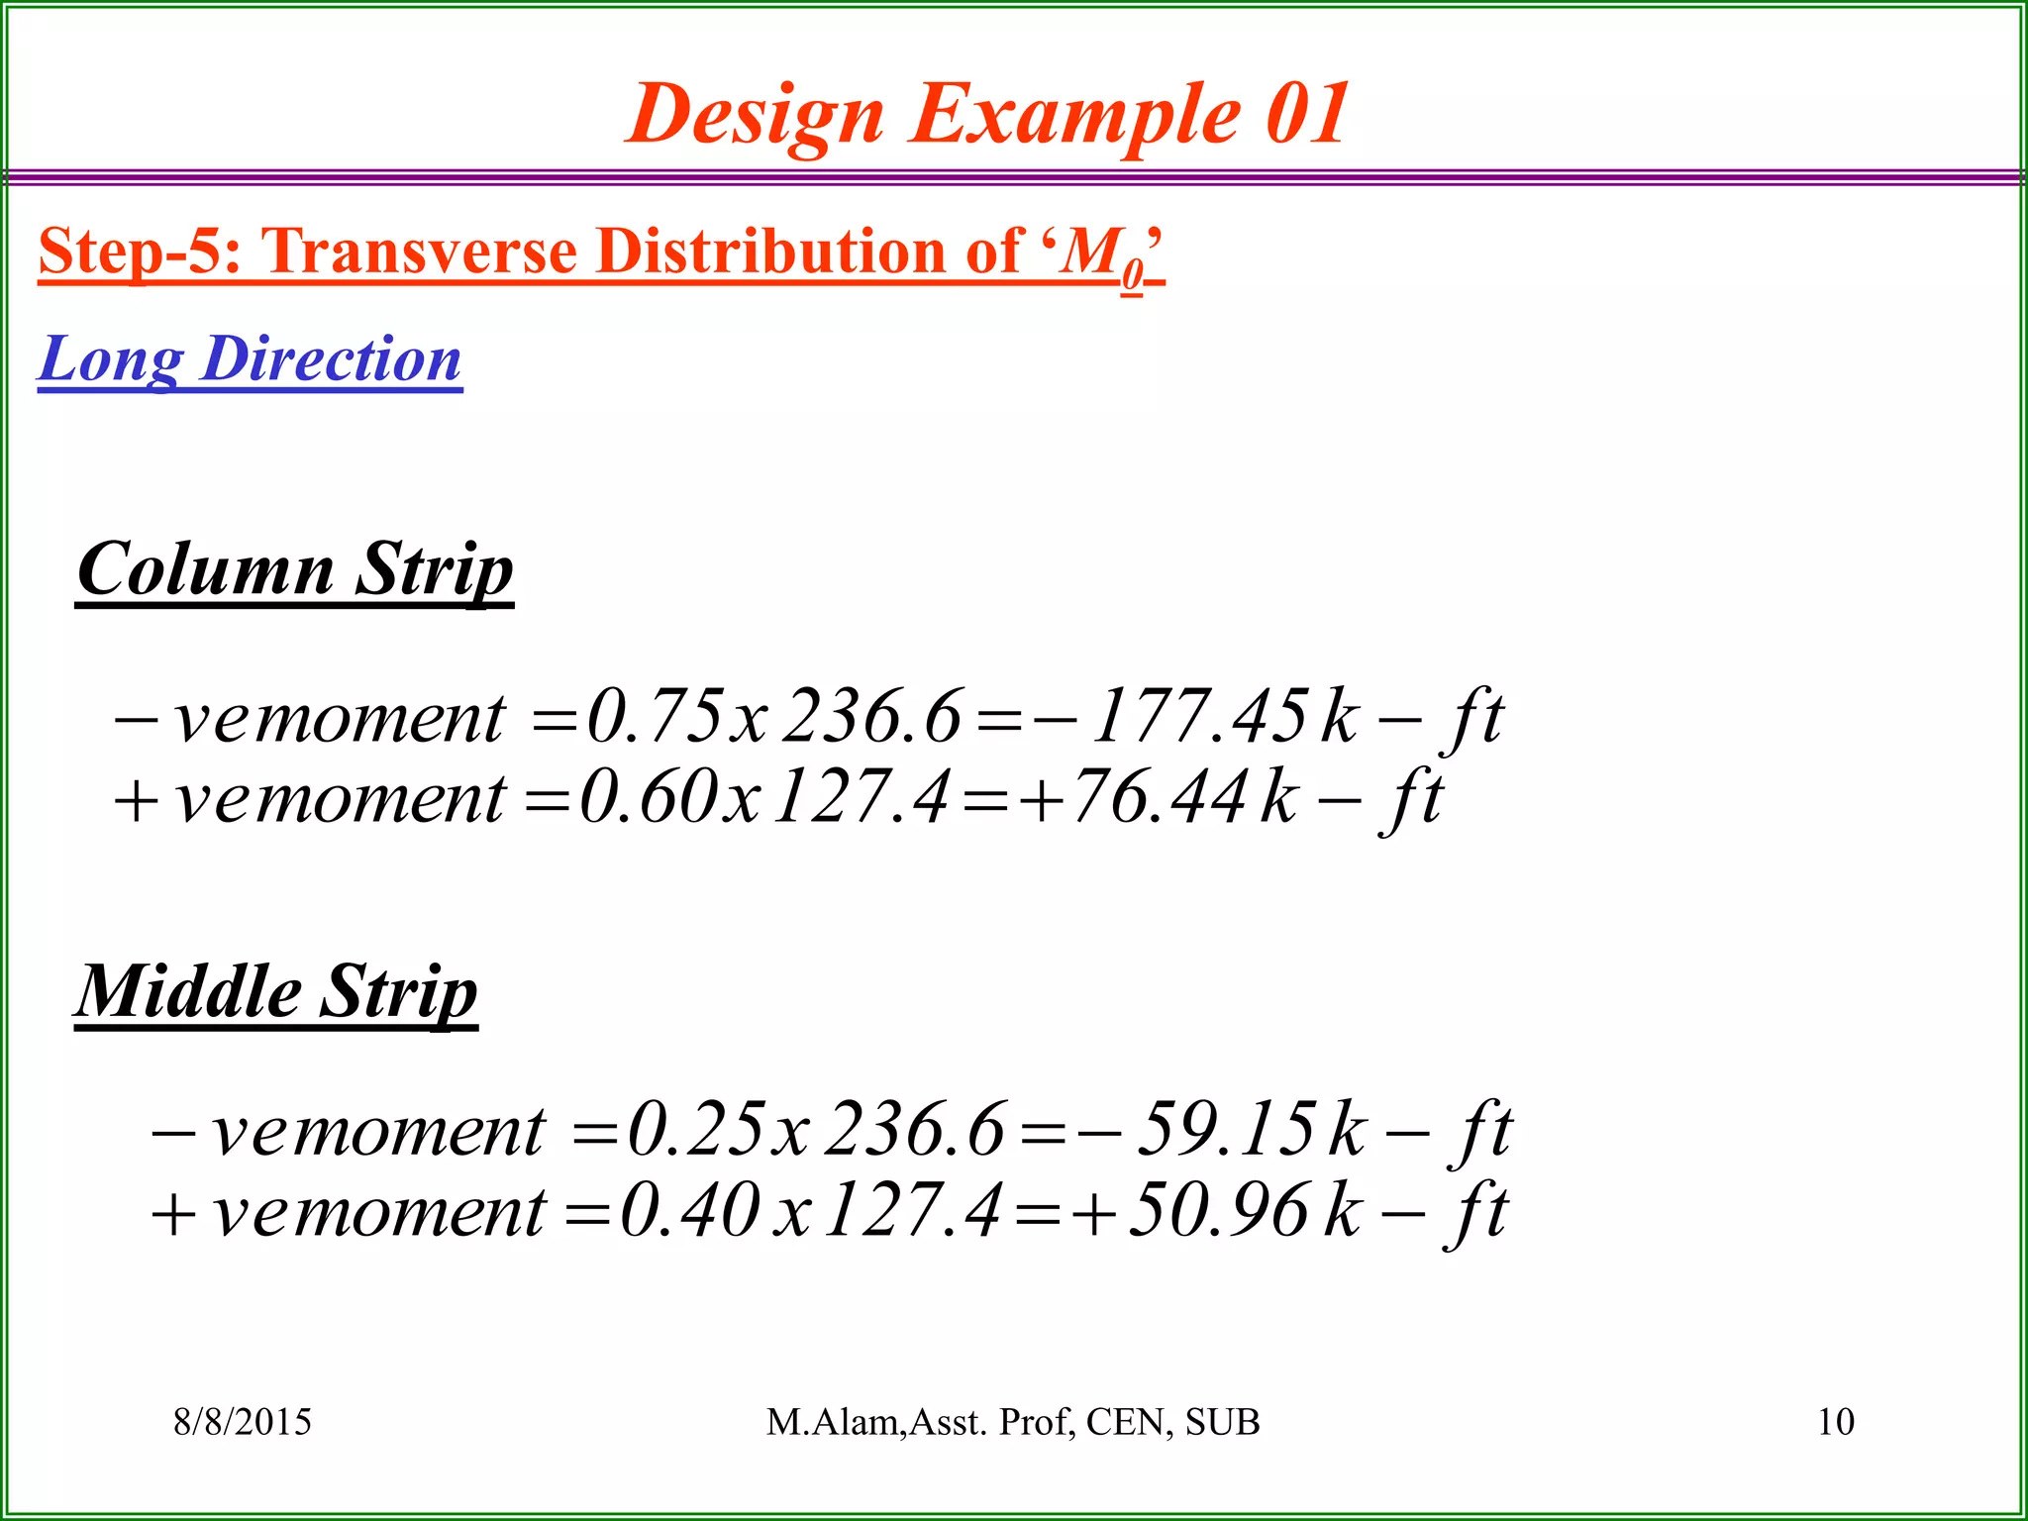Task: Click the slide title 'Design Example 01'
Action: tap(987, 114)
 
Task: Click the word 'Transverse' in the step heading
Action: tap(419, 252)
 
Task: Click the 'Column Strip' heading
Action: tap(295, 569)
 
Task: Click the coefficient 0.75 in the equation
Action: tap(655, 716)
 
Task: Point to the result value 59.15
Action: tap(1226, 1129)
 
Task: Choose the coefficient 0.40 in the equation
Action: tap(690, 1211)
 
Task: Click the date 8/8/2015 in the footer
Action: tap(243, 1422)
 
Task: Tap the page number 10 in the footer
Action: tap(1835, 1422)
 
